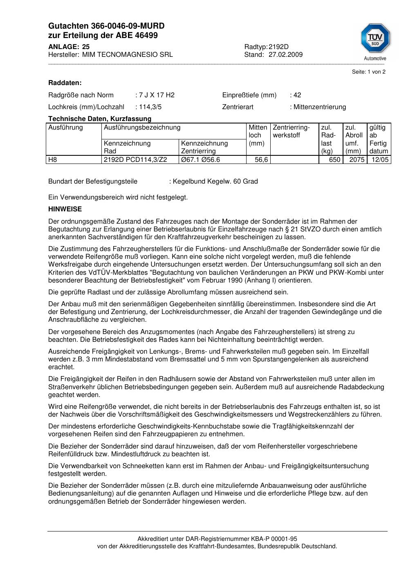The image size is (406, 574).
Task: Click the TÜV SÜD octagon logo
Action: tap(375, 38)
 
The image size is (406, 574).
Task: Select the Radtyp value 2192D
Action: tap(278, 47)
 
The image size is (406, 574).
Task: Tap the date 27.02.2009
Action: tap(285, 55)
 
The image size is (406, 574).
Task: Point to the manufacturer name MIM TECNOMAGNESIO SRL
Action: tap(128, 55)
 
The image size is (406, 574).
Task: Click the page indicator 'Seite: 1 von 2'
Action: tap(368, 72)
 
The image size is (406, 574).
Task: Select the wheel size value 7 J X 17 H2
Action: tap(157, 95)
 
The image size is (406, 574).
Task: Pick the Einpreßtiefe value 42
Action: tap(297, 95)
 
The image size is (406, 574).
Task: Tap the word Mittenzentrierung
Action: tap(319, 107)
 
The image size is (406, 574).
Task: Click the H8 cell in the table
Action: tap(53, 160)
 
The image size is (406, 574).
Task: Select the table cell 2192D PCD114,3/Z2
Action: tap(135, 160)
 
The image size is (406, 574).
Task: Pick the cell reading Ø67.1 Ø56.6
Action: tap(200, 160)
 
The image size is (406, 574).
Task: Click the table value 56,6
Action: tap(261, 160)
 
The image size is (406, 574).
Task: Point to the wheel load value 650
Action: tap(334, 160)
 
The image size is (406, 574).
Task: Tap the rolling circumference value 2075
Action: tap(357, 160)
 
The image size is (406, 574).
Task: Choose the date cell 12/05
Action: tap(380, 160)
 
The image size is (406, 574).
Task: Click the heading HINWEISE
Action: tap(65, 209)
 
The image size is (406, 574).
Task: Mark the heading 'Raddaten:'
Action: tap(65, 83)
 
